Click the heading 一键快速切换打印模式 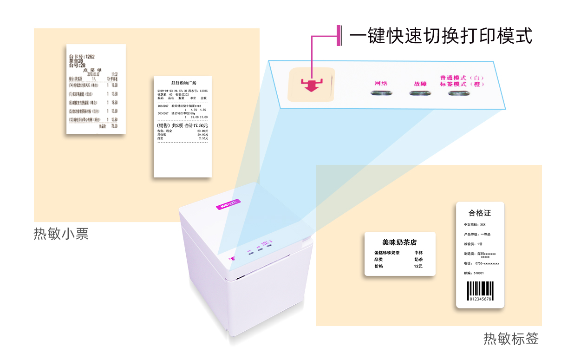coord(440,36)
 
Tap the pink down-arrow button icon coord(311,85)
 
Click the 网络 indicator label coord(381,84)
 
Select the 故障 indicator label coord(420,84)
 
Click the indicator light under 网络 coord(381,93)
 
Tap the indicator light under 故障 coord(420,93)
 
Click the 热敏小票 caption coord(61,234)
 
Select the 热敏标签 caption coord(511,339)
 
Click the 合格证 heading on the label coord(480,213)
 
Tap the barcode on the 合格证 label coord(480,292)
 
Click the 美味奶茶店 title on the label coord(399,242)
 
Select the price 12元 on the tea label coord(418,266)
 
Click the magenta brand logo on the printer coord(228,203)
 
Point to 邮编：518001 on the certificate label coord(474,273)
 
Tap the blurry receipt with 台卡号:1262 coord(96,89)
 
